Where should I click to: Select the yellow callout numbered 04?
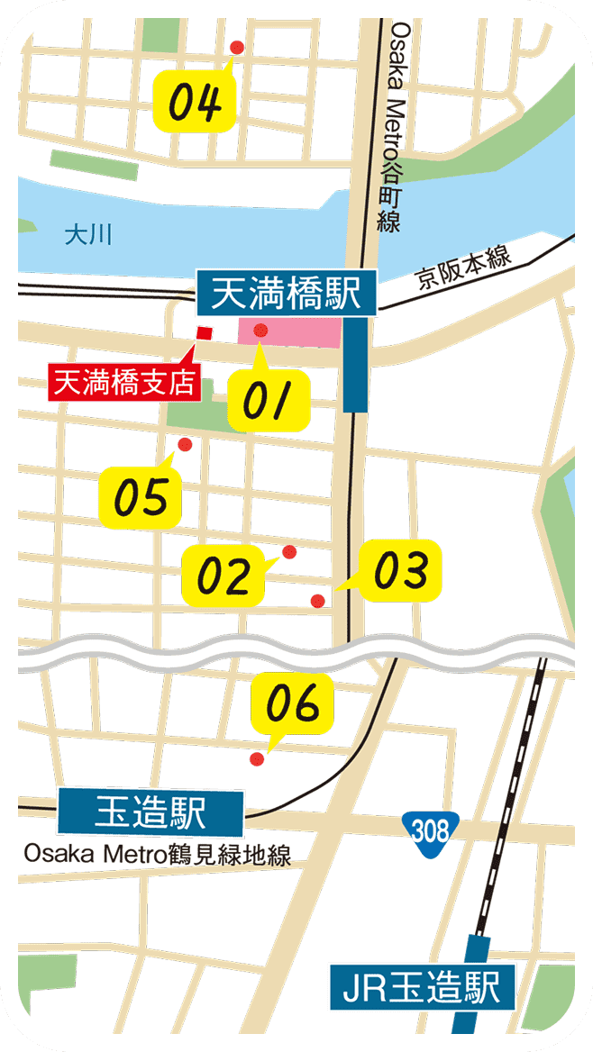coord(196,101)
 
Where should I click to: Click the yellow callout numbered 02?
coord(224,575)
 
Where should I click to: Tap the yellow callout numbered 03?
coord(400,570)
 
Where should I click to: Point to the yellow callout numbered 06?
coord(294,703)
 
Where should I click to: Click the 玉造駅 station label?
coord(151,813)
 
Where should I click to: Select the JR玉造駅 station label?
coord(422,987)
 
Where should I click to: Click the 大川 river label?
coord(87,237)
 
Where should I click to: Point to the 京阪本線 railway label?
coord(464,267)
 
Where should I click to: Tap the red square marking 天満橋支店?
coord(205,333)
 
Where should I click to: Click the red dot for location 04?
coord(237,47)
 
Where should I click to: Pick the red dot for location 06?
coord(257,759)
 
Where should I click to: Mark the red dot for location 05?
coord(185,444)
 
